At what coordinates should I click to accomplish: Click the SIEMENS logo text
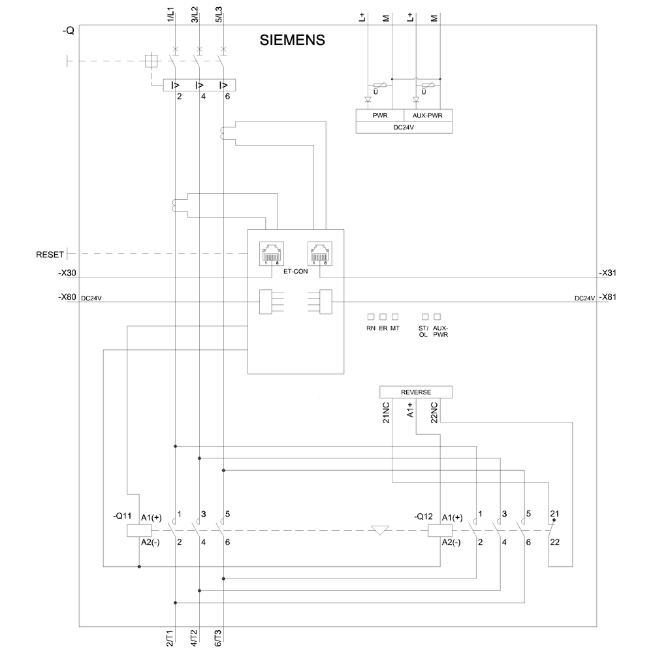pyautogui.click(x=293, y=40)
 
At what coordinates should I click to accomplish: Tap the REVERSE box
pyautogui.click(x=415, y=392)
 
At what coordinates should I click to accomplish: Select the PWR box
pyautogui.click(x=380, y=115)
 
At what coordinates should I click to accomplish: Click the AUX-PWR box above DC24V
pyautogui.click(x=428, y=115)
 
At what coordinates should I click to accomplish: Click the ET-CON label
pyautogui.click(x=295, y=270)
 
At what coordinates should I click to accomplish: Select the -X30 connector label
pyautogui.click(x=67, y=273)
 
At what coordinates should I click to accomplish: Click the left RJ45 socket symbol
pyautogui.click(x=271, y=252)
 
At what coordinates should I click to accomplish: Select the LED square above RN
pyautogui.click(x=371, y=317)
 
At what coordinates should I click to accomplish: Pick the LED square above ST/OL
pyautogui.click(x=425, y=317)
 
